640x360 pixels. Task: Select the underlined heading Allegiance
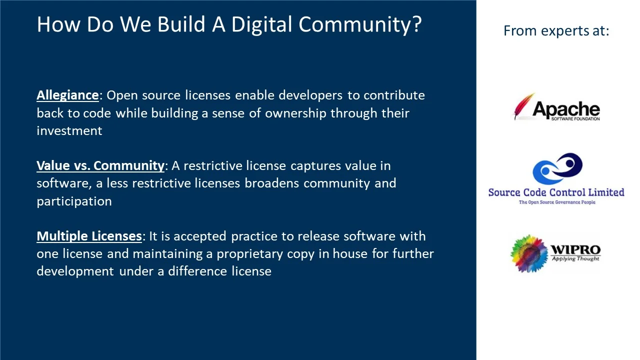click(67, 95)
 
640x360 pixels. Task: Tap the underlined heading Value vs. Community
click(100, 165)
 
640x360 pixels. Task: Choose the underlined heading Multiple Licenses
click(89, 236)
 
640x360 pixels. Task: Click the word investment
click(69, 131)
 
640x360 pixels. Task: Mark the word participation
click(74, 201)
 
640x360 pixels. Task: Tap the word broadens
click(272, 183)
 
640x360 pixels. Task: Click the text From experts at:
click(556, 31)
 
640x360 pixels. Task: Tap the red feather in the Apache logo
click(523, 106)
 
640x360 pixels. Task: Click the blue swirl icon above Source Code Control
click(557, 169)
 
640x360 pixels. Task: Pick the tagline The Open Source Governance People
click(556, 202)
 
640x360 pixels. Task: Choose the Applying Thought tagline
click(575, 259)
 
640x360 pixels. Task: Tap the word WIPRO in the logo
click(575, 249)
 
